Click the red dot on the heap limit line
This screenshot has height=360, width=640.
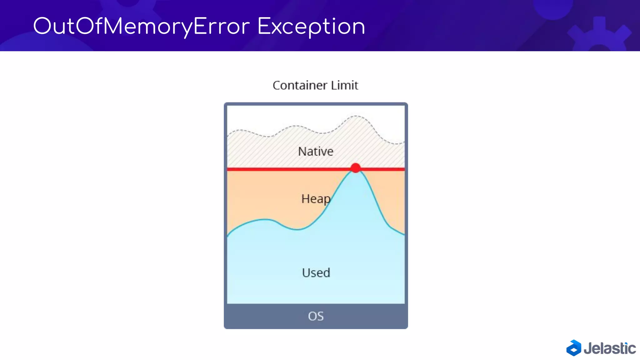[x=355, y=168]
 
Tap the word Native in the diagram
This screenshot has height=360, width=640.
[x=316, y=152]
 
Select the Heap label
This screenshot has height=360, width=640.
[x=316, y=199]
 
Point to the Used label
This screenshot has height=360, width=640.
[x=316, y=273]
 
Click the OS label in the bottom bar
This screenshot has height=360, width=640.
[x=316, y=316]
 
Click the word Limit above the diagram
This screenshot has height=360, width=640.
[x=345, y=85]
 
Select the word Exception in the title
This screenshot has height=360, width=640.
[x=311, y=27]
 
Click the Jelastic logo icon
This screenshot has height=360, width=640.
[x=574, y=348]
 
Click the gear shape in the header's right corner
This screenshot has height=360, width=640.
[x=598, y=36]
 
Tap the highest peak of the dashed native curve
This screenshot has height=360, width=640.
[x=356, y=116]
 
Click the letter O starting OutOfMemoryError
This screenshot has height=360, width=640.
[x=42, y=26]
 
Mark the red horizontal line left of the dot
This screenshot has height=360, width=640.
[x=287, y=169]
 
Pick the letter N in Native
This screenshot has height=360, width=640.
[x=302, y=152]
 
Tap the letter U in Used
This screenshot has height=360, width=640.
[x=306, y=273]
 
